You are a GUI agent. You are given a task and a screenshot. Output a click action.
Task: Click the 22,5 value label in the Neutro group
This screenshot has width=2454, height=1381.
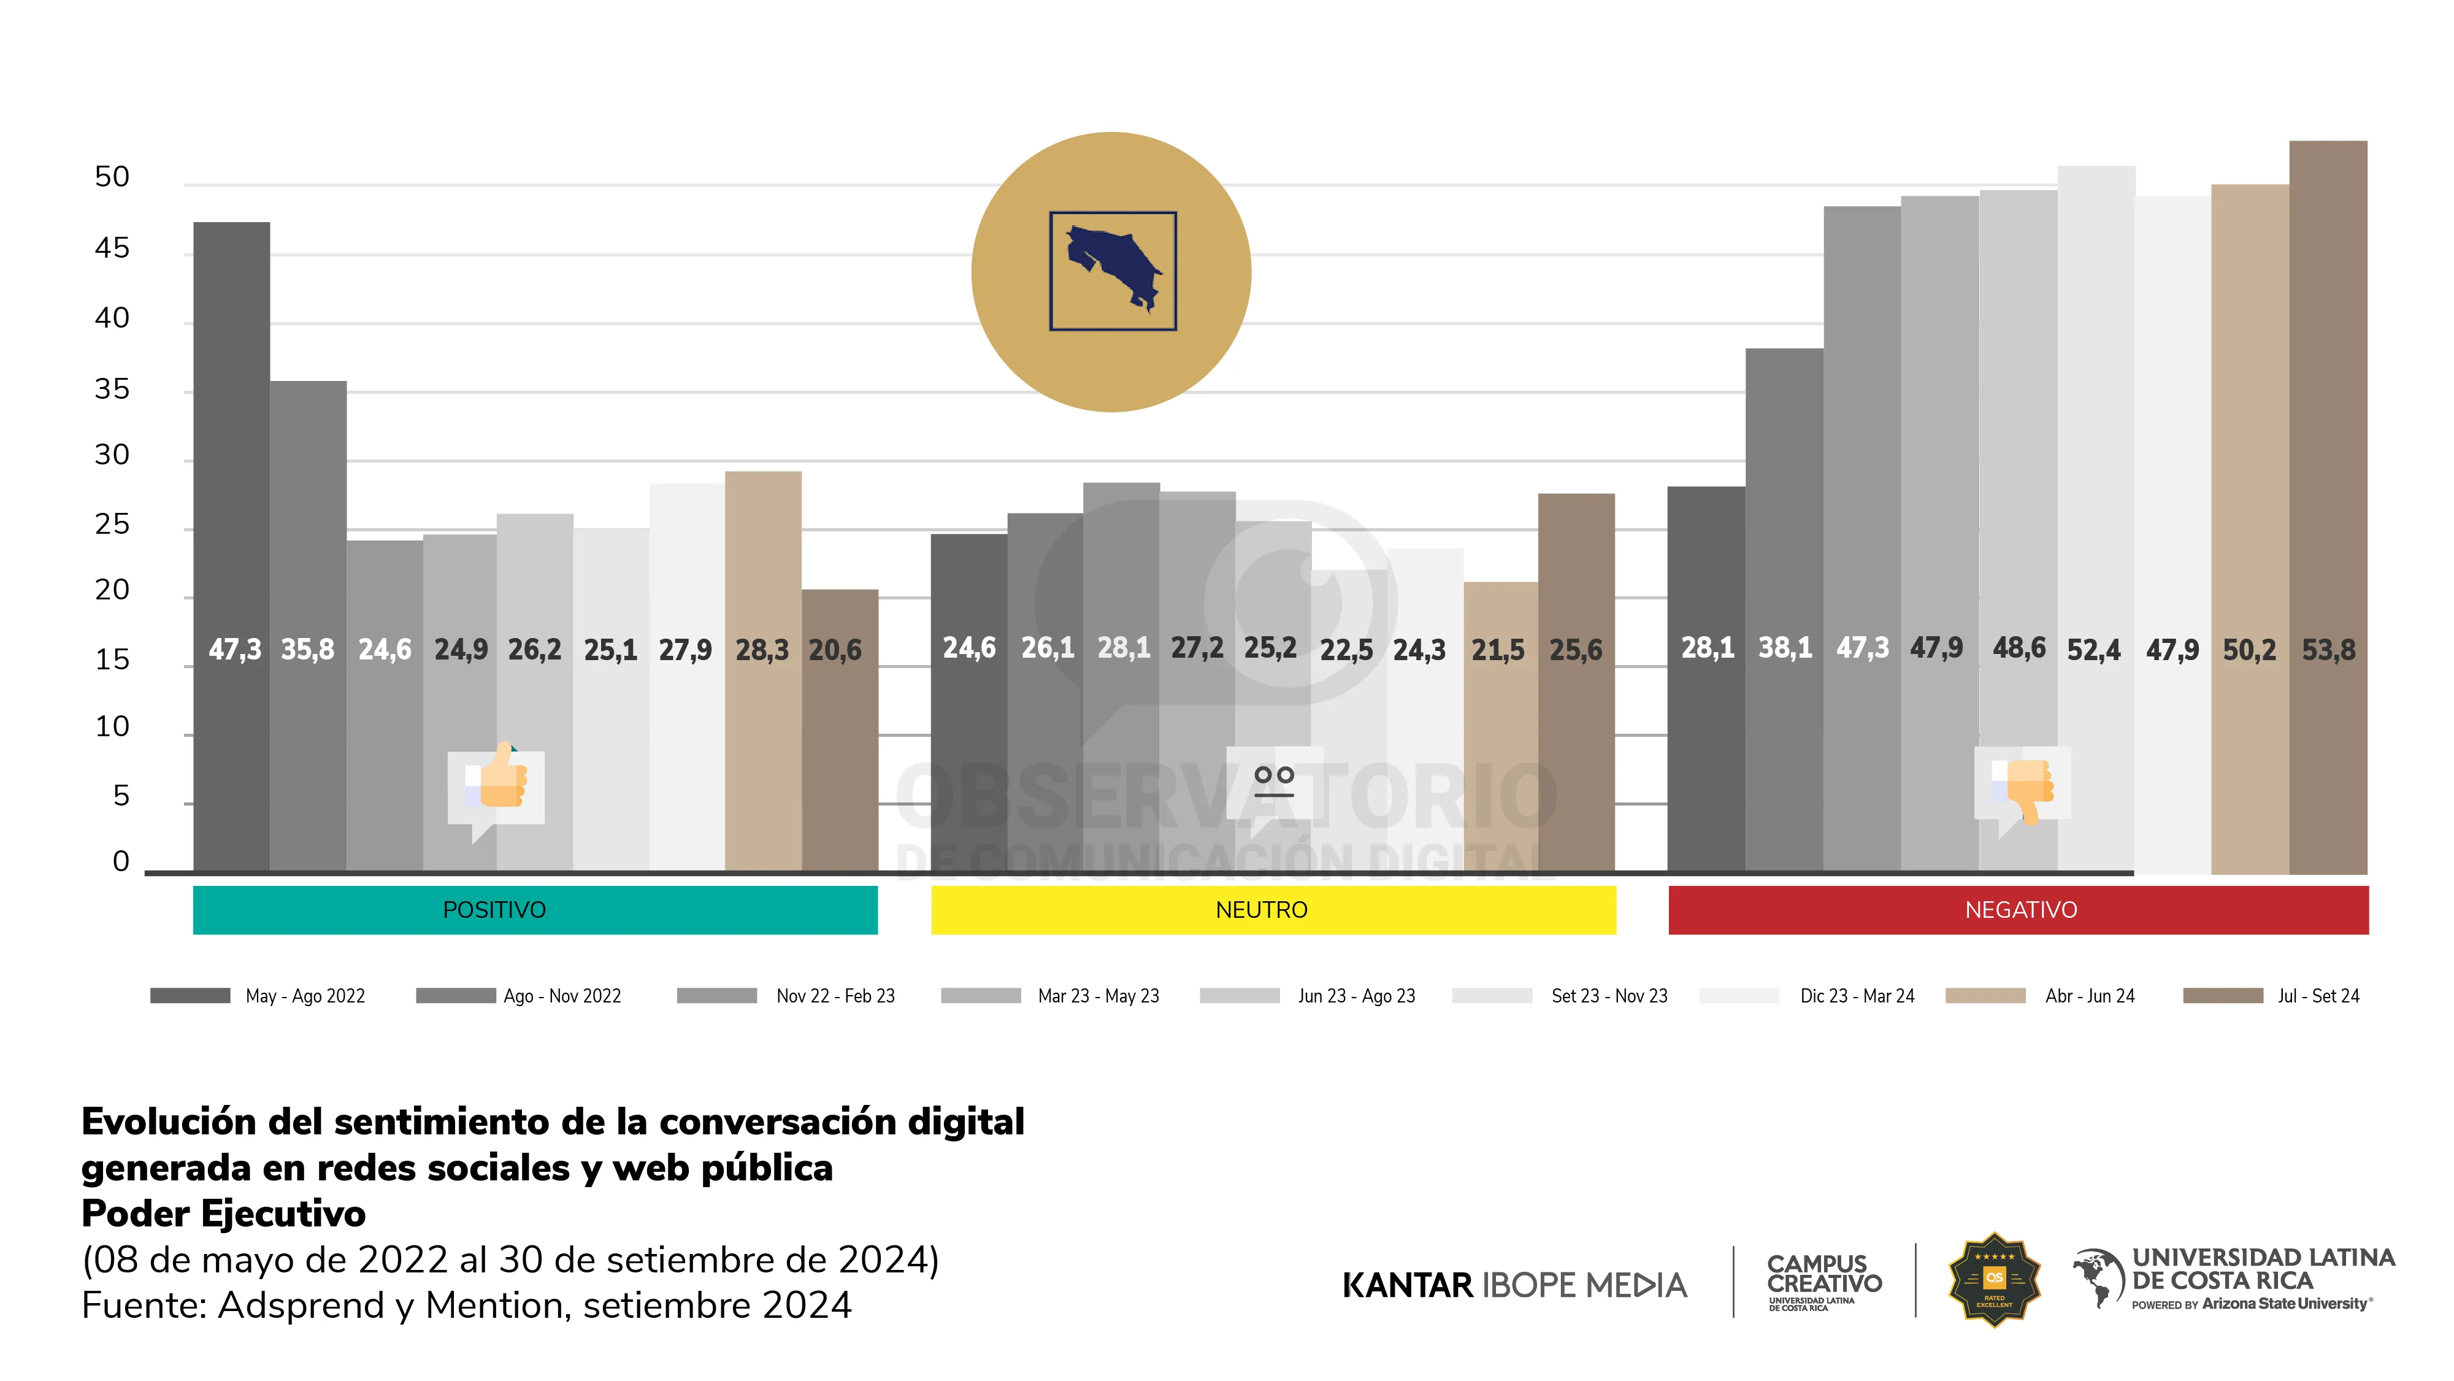1346,650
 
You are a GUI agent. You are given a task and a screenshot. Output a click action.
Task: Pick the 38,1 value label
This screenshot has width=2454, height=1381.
1784,648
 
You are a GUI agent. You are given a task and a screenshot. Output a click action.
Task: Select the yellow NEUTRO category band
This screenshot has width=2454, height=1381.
1273,910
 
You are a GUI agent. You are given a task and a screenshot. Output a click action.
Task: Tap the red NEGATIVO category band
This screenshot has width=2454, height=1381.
2018,910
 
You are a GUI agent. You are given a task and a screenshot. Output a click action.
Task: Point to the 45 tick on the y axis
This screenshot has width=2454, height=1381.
112,248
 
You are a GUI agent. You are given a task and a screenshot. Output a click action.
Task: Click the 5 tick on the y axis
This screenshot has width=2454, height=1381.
121,796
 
